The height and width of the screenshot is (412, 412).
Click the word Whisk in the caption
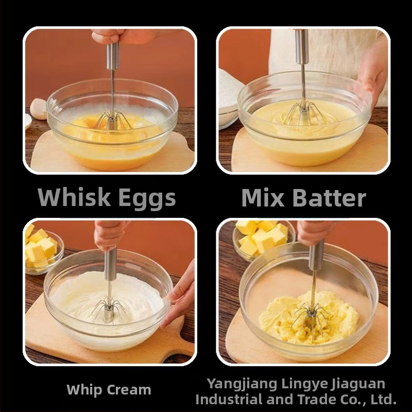point(74,197)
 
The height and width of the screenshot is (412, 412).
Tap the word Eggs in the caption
point(147,199)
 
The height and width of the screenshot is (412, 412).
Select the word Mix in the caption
point(263,198)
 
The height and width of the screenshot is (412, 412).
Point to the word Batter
point(329,198)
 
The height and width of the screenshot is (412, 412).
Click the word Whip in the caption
point(84,390)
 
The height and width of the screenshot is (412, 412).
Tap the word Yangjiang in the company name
point(242,384)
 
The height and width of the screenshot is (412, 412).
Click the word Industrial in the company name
point(229,400)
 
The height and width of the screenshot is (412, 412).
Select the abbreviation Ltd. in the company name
point(383,400)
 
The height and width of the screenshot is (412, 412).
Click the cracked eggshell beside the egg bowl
point(38,109)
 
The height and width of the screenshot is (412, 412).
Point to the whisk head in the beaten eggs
point(113,121)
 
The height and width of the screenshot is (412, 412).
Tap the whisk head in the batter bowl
point(304,113)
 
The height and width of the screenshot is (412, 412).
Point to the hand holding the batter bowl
point(373,71)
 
